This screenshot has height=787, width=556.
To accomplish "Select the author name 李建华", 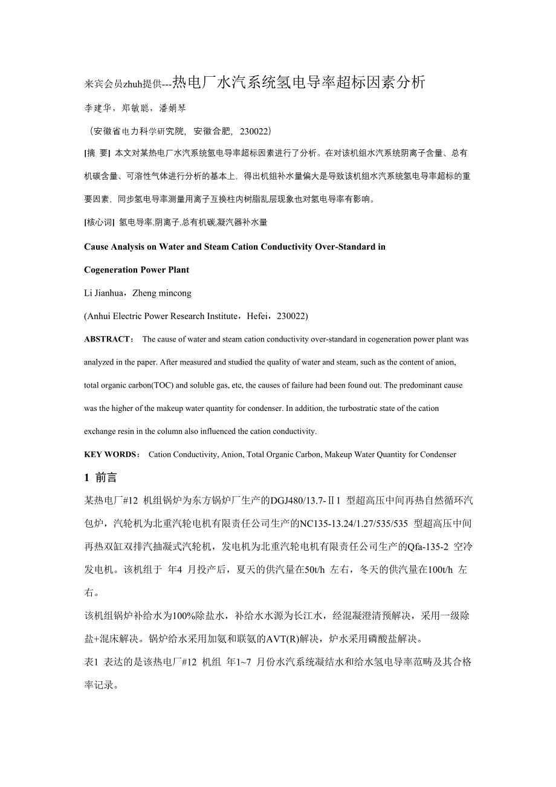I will click(x=97, y=108).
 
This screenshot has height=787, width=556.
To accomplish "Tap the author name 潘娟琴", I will click(x=172, y=108).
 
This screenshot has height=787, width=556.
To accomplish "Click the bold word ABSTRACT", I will click(x=107, y=340).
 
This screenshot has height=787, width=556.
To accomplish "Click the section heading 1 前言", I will click(x=100, y=478).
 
